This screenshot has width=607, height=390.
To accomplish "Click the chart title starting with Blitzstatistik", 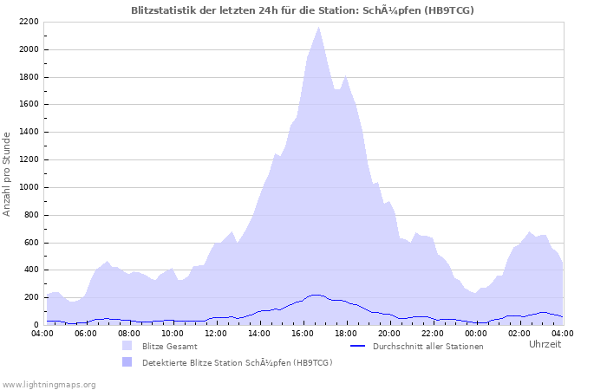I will pyautogui.click(x=303, y=10).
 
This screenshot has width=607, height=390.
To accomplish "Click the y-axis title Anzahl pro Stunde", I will pyautogui.click(x=8, y=173).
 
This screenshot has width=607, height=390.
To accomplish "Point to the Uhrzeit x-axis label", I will pyautogui.click(x=545, y=344).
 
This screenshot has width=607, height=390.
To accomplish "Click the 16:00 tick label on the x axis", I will pyautogui.click(x=303, y=333).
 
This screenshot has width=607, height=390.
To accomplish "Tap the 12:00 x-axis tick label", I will pyautogui.click(x=216, y=333).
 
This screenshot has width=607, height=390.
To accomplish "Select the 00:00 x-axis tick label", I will pyautogui.click(x=476, y=333).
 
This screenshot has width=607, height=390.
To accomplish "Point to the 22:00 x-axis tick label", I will pyautogui.click(x=433, y=333).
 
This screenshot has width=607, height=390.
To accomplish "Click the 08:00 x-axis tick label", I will pyautogui.click(x=129, y=333).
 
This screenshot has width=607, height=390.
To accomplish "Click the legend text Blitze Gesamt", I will pyautogui.click(x=169, y=347).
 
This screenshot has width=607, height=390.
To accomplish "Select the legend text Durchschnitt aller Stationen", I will pyautogui.click(x=428, y=347).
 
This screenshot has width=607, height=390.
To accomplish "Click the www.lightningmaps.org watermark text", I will pyautogui.click(x=49, y=384).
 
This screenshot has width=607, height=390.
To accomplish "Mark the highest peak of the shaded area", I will pyautogui.click(x=318, y=27).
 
